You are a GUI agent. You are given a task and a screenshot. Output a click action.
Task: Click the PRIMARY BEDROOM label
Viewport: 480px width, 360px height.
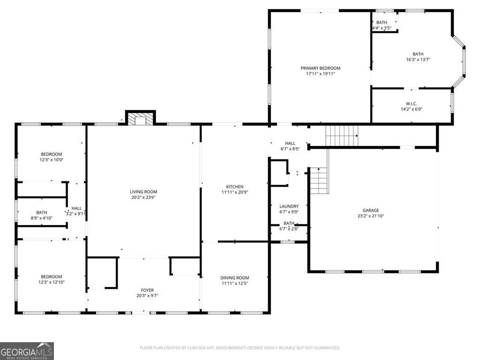tap(320, 68)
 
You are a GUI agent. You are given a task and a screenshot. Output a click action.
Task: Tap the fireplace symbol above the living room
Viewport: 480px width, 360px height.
tap(140, 120)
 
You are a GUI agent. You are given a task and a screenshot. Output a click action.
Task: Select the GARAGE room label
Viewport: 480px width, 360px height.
tap(370, 210)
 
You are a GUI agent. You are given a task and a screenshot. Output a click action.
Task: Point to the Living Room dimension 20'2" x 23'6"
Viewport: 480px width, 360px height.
tap(143, 197)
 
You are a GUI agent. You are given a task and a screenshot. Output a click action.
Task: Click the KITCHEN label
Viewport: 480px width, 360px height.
tap(235, 187)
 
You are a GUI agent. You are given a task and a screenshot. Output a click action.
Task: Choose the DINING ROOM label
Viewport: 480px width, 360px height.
tap(235, 277)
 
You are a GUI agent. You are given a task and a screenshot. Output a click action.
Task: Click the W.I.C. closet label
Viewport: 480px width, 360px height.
tap(412, 104)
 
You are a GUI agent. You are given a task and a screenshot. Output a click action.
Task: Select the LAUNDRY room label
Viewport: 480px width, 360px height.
tap(289, 206)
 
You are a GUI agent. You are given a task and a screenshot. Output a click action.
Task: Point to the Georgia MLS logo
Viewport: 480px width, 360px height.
tap(27, 351)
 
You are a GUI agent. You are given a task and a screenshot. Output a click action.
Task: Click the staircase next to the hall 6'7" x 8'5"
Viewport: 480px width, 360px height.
tap(342, 135)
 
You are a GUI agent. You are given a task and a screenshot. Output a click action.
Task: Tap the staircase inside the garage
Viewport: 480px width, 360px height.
tap(319, 181)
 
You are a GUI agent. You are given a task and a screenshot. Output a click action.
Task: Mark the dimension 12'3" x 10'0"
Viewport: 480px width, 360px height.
tap(52, 160)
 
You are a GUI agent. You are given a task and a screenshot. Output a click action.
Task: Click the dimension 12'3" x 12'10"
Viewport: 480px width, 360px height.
tap(52, 282)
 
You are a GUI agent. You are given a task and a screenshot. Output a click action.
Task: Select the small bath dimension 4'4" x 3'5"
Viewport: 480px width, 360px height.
tap(382, 28)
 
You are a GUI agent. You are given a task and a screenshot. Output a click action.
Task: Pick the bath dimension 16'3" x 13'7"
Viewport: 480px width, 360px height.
tap(418, 60)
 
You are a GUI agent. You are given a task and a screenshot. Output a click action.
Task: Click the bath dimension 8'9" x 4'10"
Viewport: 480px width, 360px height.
tap(42, 218)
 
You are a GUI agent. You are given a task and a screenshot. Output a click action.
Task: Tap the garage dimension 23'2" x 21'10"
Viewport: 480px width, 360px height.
tap(370, 216)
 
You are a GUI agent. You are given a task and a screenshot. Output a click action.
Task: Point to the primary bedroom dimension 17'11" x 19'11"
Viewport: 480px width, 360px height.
tap(320, 74)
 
